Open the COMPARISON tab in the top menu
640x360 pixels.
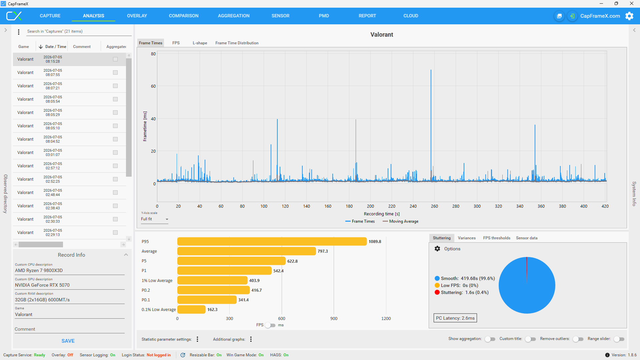point(184,16)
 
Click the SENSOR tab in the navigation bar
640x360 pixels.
point(280,16)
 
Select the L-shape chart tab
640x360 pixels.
point(200,43)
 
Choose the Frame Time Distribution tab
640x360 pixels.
point(237,43)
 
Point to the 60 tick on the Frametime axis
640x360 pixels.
point(153,86)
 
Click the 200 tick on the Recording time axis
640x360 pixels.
point(370,206)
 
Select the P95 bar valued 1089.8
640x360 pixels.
point(272,241)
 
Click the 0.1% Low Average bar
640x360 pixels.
point(191,309)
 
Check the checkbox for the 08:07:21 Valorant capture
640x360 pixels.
point(115,86)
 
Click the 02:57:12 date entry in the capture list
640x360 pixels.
point(53,166)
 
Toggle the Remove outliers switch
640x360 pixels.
point(578,339)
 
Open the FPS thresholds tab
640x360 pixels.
point(497,238)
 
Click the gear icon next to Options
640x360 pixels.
point(437,249)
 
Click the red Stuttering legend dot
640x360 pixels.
point(437,292)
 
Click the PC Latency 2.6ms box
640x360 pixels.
point(455,318)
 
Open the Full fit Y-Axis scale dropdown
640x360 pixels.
point(154,219)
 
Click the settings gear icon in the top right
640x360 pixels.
point(629,16)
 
